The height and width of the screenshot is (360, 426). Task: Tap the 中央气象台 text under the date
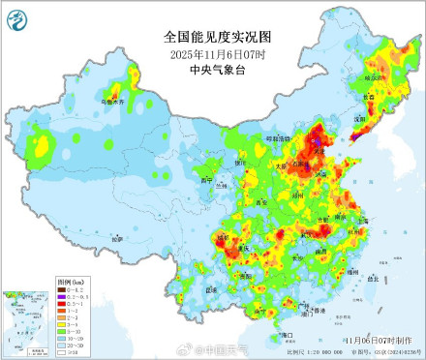tap(213, 69)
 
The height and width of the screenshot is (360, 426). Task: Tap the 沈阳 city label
tap(361, 119)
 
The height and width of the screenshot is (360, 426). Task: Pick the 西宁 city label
tap(203, 180)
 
